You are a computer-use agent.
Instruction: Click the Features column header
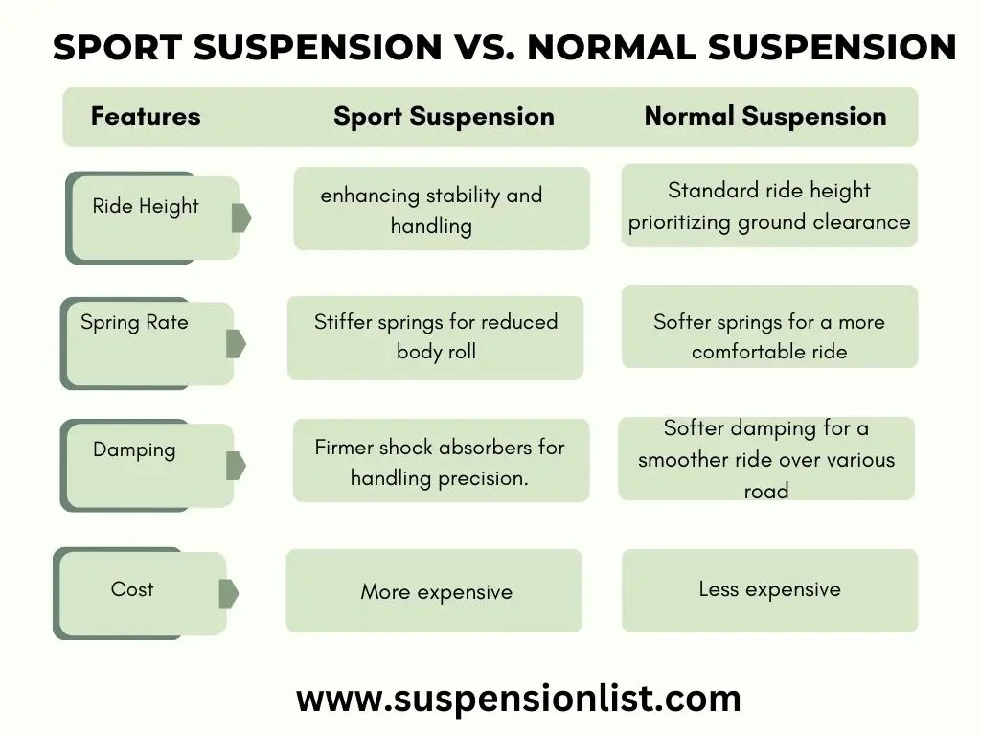click(x=146, y=117)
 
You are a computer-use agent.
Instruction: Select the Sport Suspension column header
click(x=444, y=117)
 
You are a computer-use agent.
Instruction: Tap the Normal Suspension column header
click(x=764, y=117)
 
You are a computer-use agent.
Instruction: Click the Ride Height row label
click(x=146, y=206)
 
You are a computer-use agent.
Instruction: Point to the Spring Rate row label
click(x=135, y=323)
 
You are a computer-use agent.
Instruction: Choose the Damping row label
click(x=135, y=449)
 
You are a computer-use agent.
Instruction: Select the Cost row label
click(x=132, y=589)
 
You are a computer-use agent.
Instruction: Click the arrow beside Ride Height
click(x=240, y=218)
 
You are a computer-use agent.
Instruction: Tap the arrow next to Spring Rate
click(x=236, y=343)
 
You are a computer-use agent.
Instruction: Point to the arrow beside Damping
click(x=236, y=466)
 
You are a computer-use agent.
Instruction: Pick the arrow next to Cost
click(x=228, y=593)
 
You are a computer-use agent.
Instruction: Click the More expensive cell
click(x=436, y=592)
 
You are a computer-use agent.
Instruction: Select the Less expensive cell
click(x=769, y=589)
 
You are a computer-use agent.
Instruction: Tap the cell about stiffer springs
click(x=436, y=336)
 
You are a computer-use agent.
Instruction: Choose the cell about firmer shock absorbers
click(x=440, y=462)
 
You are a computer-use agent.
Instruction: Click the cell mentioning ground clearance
click(x=769, y=206)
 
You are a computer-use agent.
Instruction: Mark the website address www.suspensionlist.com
click(x=518, y=698)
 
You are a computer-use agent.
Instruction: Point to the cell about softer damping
click(x=766, y=459)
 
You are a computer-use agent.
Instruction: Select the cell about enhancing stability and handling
click(x=432, y=210)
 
